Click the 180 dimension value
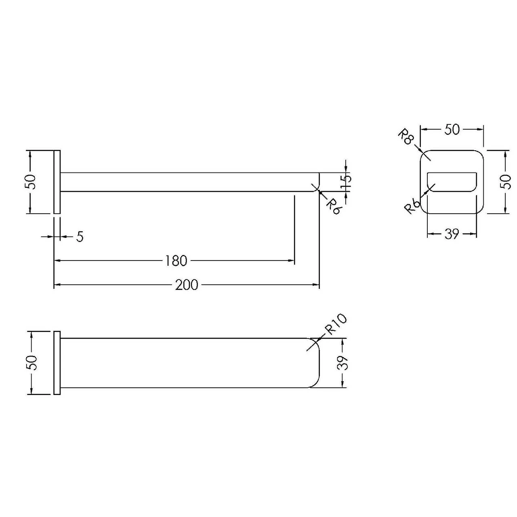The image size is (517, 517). click(x=176, y=261)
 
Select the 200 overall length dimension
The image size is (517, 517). click(x=187, y=285)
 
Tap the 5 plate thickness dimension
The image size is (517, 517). click(x=80, y=237)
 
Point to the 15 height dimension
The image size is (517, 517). click(x=347, y=182)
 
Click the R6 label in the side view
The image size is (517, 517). click(x=333, y=207)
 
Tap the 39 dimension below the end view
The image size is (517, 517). click(x=452, y=234)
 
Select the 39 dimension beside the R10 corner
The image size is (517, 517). click(x=343, y=363)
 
